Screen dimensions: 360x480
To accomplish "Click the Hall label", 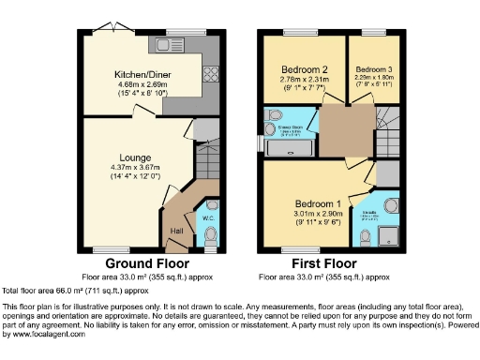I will [x=176, y=231].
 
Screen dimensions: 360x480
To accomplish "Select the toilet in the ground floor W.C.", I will [x=211, y=235].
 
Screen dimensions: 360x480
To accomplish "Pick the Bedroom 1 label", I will [x=317, y=203].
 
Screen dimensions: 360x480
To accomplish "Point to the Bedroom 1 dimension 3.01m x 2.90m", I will [x=317, y=215].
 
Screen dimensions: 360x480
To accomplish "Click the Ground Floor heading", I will [x=142, y=262].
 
